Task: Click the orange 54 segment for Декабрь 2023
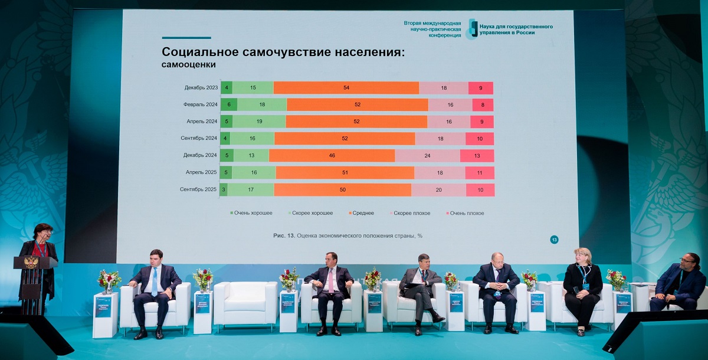346,88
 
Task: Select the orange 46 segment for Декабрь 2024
332,156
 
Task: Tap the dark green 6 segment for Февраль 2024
229,105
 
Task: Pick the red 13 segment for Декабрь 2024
477,156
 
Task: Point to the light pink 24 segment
427,156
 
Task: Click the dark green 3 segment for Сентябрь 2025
224,190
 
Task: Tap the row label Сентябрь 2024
199,139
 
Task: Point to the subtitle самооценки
189,64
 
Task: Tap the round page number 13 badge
555,240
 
